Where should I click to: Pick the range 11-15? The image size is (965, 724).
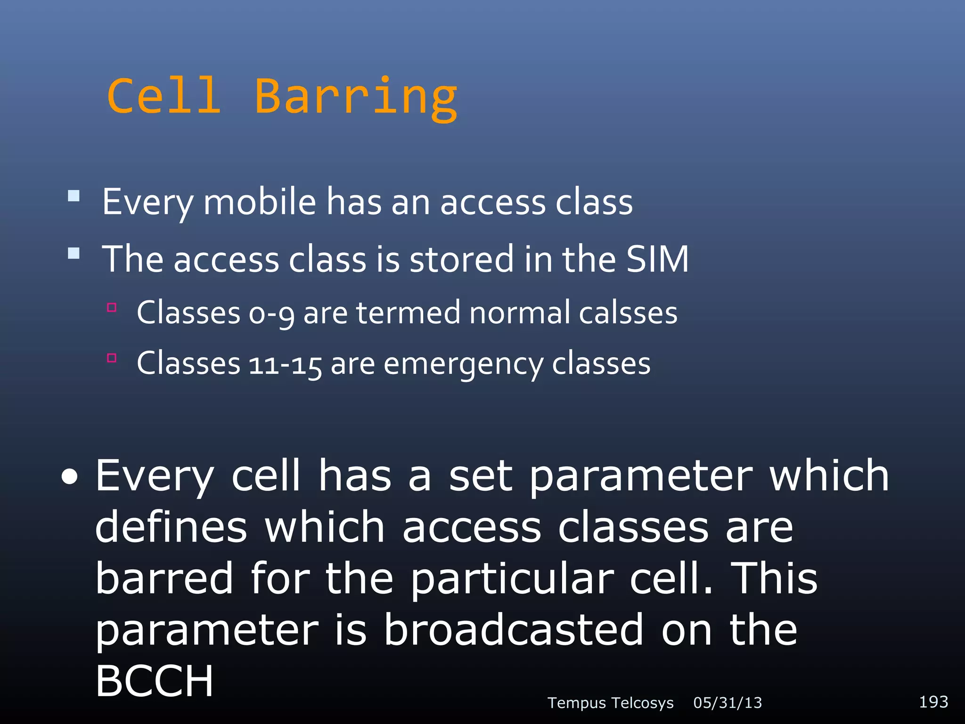click(285, 364)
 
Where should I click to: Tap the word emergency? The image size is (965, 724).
click(463, 364)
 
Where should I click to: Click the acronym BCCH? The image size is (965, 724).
click(155, 681)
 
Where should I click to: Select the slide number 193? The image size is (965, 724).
click(933, 702)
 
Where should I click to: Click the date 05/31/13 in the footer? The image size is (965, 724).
click(728, 703)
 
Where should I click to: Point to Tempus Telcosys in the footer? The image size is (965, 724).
click(610, 703)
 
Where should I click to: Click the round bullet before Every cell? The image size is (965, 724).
click(70, 477)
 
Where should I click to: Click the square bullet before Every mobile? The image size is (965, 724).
click(74, 196)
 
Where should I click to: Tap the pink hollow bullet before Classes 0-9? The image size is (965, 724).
click(112, 308)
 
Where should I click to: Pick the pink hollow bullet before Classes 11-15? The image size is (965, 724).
click(112, 358)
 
